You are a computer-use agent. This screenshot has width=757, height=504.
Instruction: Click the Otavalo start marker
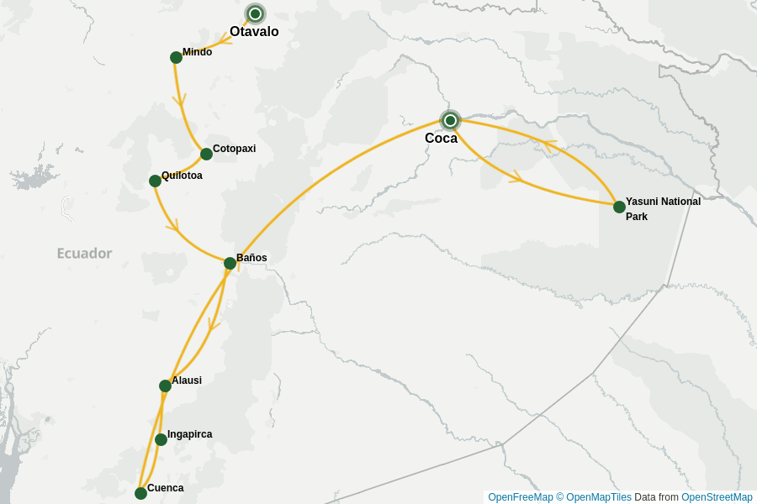(255, 13)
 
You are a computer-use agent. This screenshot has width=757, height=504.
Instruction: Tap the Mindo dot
(176, 57)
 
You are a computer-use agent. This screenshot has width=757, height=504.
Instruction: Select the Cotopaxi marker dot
(206, 154)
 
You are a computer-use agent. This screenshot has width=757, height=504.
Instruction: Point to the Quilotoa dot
(155, 181)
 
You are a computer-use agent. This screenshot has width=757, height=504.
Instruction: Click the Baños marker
(230, 263)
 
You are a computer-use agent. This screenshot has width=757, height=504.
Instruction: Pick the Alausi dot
(165, 386)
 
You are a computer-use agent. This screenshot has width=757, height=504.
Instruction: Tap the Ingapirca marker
(161, 439)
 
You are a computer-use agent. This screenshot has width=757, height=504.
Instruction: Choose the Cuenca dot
(140, 493)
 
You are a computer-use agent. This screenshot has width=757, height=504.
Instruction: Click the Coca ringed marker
(450, 120)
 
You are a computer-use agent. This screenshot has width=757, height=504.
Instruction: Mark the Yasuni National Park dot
(619, 207)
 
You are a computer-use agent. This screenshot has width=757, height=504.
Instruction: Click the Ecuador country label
(84, 253)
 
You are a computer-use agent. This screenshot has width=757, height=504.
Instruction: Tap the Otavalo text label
(254, 32)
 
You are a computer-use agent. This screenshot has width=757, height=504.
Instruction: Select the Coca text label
(441, 139)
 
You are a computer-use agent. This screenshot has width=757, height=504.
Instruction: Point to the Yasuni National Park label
(663, 208)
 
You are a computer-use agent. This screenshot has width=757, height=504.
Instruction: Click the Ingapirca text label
(190, 434)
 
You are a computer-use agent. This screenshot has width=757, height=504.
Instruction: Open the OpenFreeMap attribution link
(521, 497)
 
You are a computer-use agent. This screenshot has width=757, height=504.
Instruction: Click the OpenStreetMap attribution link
(717, 497)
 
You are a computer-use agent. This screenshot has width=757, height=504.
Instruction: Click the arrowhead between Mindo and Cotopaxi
(179, 100)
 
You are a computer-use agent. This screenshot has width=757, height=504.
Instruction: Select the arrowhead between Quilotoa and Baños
(174, 225)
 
